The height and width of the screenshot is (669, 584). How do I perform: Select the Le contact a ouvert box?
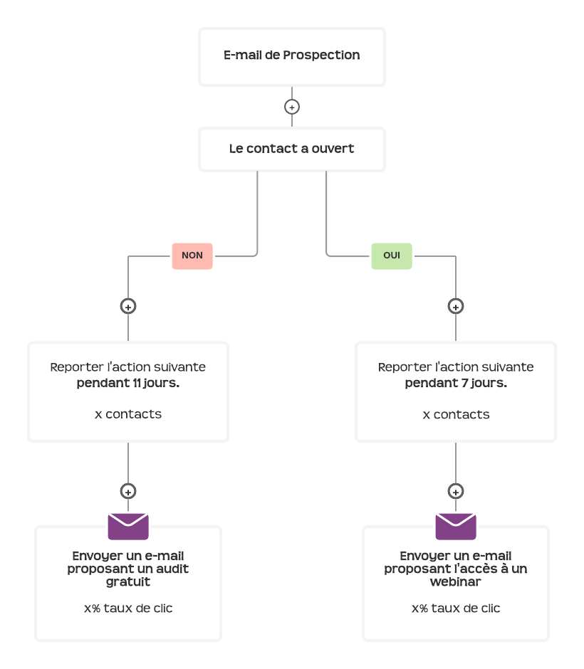(292, 149)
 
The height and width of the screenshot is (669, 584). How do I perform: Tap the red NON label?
(192, 256)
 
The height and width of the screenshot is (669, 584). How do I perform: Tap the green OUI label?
(392, 256)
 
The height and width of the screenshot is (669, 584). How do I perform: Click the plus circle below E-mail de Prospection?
(292, 107)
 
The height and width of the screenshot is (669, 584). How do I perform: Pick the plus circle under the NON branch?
(128, 306)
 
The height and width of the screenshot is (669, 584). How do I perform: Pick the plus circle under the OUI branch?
(456, 306)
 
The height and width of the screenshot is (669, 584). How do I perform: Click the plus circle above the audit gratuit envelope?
(128, 491)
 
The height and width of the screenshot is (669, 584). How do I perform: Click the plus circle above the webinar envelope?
(456, 491)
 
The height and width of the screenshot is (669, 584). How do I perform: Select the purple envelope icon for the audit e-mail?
(128, 527)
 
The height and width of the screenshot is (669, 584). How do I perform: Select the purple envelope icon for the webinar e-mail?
(456, 527)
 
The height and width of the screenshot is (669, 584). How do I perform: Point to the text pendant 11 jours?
(128, 383)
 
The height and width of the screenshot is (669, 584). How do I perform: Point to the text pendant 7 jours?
(456, 383)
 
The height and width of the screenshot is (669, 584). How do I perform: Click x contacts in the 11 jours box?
(128, 414)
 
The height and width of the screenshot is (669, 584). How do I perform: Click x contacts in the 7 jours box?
(456, 414)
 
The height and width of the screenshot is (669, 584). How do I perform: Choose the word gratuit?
(128, 581)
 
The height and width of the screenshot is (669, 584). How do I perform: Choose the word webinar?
(456, 581)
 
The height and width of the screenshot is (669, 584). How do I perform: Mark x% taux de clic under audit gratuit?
(128, 609)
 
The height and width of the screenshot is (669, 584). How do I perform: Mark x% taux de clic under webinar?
(456, 609)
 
